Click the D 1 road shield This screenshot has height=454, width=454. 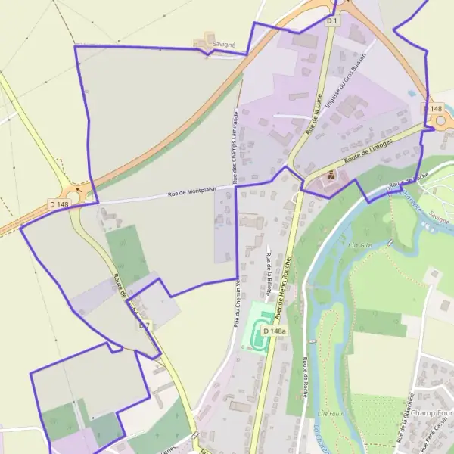[331, 20]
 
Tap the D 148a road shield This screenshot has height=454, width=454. [274, 331]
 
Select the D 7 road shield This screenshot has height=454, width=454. [145, 325]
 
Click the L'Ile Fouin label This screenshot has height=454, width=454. [331, 412]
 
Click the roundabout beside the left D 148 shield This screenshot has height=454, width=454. [78, 194]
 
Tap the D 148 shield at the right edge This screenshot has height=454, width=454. [434, 110]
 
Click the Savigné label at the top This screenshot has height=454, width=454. [223, 45]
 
